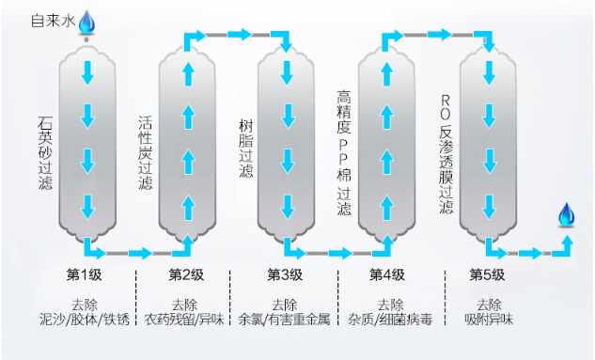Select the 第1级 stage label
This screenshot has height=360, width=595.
(x=83, y=274)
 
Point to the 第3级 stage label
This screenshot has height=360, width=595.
(x=285, y=274)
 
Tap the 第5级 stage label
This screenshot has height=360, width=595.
(x=487, y=274)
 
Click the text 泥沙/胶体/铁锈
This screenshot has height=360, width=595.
(x=84, y=321)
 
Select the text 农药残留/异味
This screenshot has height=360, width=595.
(x=184, y=321)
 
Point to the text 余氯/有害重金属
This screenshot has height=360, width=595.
(x=285, y=321)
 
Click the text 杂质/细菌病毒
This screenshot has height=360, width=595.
(x=389, y=321)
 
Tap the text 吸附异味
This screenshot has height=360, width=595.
(x=489, y=321)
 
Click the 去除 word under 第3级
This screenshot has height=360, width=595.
(x=285, y=305)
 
